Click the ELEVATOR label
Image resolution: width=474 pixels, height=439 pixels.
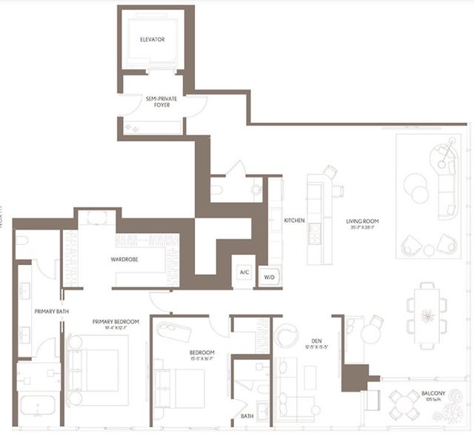pos(152,39)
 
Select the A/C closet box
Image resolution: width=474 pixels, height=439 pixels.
pos(243,272)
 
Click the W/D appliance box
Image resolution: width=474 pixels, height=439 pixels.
pos(269,276)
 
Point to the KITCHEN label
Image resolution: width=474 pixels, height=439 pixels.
pos(296,221)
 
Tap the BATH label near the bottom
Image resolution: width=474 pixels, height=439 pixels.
pos(247,417)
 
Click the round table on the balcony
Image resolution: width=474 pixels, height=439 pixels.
pos(405,403)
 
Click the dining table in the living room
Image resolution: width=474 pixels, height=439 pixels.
pos(427,315)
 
